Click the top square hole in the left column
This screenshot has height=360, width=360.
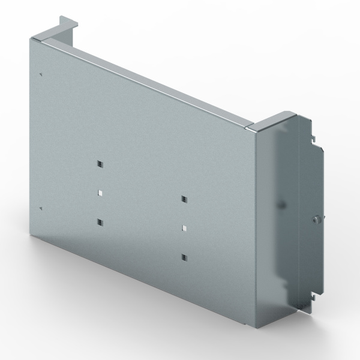[x=99, y=164]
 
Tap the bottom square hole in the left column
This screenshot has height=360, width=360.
[x=99, y=222]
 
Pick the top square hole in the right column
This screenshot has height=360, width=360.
[x=183, y=199]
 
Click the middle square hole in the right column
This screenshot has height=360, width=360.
[x=183, y=228]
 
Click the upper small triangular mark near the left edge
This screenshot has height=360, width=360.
[x=40, y=74]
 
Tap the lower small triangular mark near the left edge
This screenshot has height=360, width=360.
[x=40, y=208]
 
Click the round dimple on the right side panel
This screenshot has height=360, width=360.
[x=279, y=205]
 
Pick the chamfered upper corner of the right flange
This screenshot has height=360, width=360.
[x=303, y=116]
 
